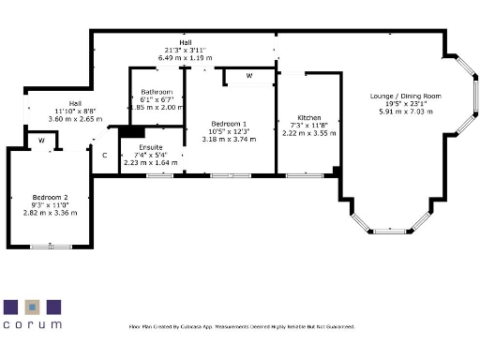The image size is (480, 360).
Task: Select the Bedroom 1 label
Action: click(x=229, y=125)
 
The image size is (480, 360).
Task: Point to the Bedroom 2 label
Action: click(x=50, y=198)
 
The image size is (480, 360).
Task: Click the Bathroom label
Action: click(x=157, y=92)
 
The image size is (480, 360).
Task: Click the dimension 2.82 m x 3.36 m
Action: click(x=50, y=213)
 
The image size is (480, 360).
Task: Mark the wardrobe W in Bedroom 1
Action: click(x=249, y=75)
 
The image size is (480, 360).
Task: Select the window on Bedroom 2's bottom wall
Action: click(x=41, y=247)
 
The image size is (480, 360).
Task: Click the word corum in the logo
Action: click(x=32, y=324)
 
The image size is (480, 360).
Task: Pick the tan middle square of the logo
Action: click(x=32, y=307)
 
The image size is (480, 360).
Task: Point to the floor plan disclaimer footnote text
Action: click(x=241, y=326)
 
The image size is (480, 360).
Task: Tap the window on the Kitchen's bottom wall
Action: click(x=302, y=175)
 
